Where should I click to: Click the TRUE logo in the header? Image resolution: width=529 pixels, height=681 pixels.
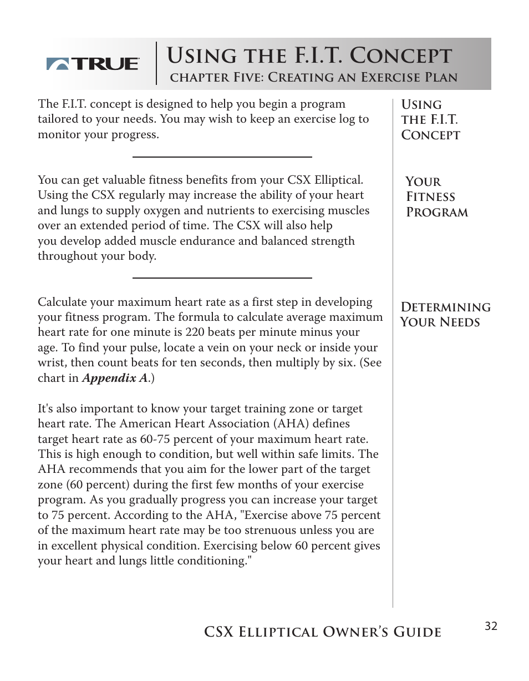click(x=93, y=64)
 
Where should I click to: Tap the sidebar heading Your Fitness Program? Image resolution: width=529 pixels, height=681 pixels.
click(x=436, y=197)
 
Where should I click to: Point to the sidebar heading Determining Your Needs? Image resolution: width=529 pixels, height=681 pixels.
click(x=445, y=315)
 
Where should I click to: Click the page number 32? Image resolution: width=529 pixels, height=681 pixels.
click(x=491, y=627)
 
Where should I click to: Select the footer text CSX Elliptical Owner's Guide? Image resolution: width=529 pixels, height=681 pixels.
click(x=322, y=632)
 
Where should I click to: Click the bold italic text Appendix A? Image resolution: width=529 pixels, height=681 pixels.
click(x=115, y=378)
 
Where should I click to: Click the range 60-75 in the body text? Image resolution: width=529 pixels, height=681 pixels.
click(x=158, y=439)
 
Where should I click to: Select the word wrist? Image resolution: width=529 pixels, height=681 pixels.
click(x=51, y=363)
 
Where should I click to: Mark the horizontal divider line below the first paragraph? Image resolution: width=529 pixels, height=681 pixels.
click(x=222, y=157)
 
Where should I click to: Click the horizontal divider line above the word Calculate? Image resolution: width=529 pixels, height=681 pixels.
click(x=222, y=278)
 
